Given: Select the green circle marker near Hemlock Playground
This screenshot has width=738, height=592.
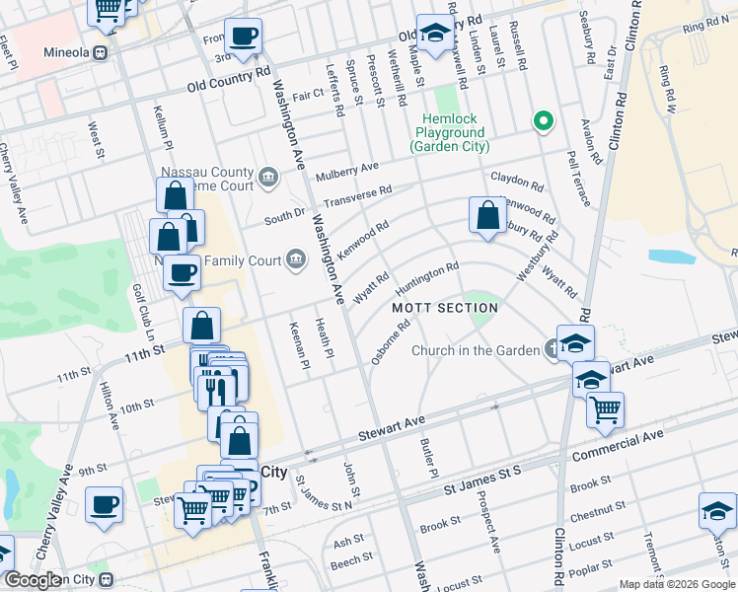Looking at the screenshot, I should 542,122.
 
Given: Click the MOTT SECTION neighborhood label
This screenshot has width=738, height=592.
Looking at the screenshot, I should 444,308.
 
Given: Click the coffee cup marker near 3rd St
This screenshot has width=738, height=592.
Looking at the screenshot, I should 244,37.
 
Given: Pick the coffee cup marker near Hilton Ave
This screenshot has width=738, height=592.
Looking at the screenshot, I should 104,506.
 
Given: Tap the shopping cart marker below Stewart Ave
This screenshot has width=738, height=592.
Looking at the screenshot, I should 605,407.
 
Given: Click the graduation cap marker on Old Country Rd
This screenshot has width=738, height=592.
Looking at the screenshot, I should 432,34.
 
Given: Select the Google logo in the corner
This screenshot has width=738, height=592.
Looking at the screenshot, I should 32,581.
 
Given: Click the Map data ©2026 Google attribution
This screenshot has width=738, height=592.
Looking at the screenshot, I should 676,584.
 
